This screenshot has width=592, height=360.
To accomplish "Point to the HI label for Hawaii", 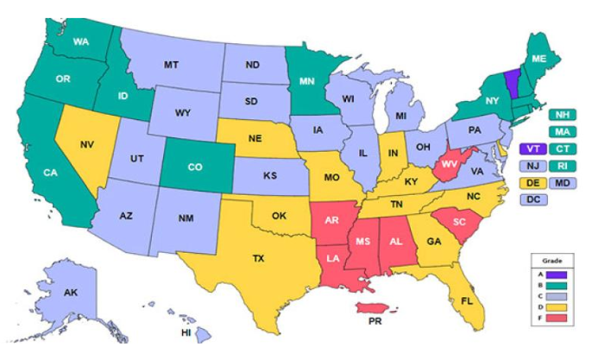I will [x=186, y=333].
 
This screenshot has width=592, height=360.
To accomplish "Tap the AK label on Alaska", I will [x=71, y=294].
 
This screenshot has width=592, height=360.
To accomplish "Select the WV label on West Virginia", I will [x=449, y=163].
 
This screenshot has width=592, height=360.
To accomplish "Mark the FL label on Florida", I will [x=465, y=302].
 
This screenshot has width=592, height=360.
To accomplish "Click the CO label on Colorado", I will [x=195, y=167].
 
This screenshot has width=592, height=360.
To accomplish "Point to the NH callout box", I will [x=562, y=114].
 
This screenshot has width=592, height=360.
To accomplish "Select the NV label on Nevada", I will [x=86, y=146].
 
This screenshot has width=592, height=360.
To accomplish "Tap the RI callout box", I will [x=562, y=166].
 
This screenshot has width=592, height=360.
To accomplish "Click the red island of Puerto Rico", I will [x=377, y=306].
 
